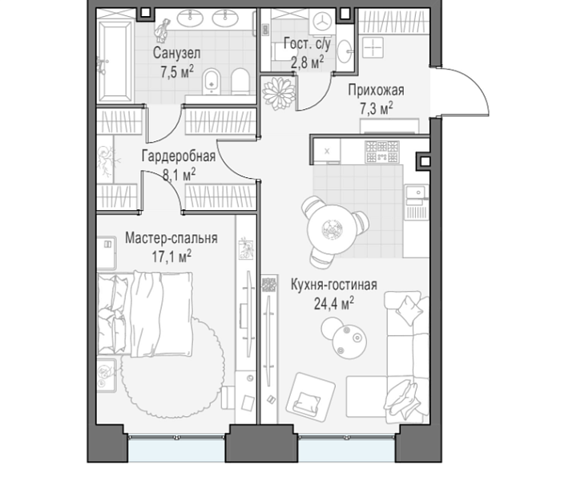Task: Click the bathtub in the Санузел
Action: pos(115,61)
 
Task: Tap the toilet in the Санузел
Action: pos(240,81)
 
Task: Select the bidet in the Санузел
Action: pos(212,81)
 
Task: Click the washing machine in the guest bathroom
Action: pos(321,22)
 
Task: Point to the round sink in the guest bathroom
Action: pos(345,51)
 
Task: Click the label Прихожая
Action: pos(376,90)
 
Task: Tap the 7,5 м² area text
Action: pos(176,72)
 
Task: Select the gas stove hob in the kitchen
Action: pos(382,152)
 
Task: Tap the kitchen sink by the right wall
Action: pos(416,195)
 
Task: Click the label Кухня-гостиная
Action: pos(333,285)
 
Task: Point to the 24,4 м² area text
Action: pos(333,304)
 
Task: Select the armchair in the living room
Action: pos(311,398)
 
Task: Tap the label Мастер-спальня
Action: pos(171,238)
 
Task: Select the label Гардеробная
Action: pos(179,156)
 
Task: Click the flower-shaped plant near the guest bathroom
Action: pos(279,93)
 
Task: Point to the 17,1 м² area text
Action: pos(171,257)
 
